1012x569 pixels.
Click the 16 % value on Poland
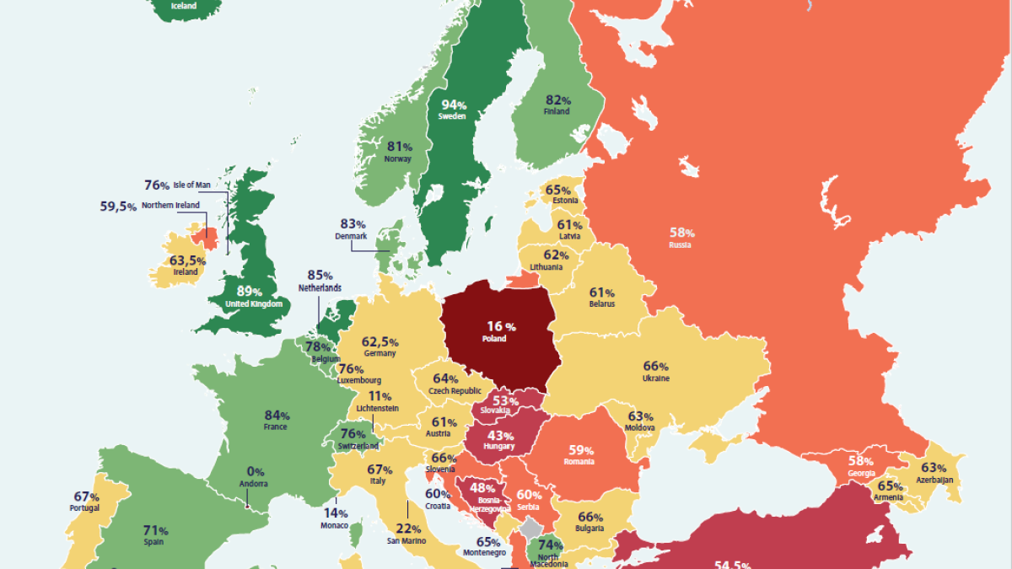[x=501, y=325]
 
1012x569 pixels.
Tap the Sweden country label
[x=452, y=116]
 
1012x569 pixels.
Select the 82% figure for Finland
[x=557, y=99]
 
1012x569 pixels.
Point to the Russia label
[x=680, y=245]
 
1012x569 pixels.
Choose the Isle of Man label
[x=191, y=185]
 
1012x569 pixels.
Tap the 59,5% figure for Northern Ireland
[x=118, y=206]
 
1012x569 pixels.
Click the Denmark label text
[x=352, y=237]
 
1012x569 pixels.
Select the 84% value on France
[x=277, y=415]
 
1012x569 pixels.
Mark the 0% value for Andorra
[x=256, y=471]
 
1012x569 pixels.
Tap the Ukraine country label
[x=655, y=378]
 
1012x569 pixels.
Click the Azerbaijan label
[x=934, y=480]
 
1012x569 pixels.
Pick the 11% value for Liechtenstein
[x=380, y=396]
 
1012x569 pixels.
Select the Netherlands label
[x=320, y=287]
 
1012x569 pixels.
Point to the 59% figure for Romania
[x=581, y=449]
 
